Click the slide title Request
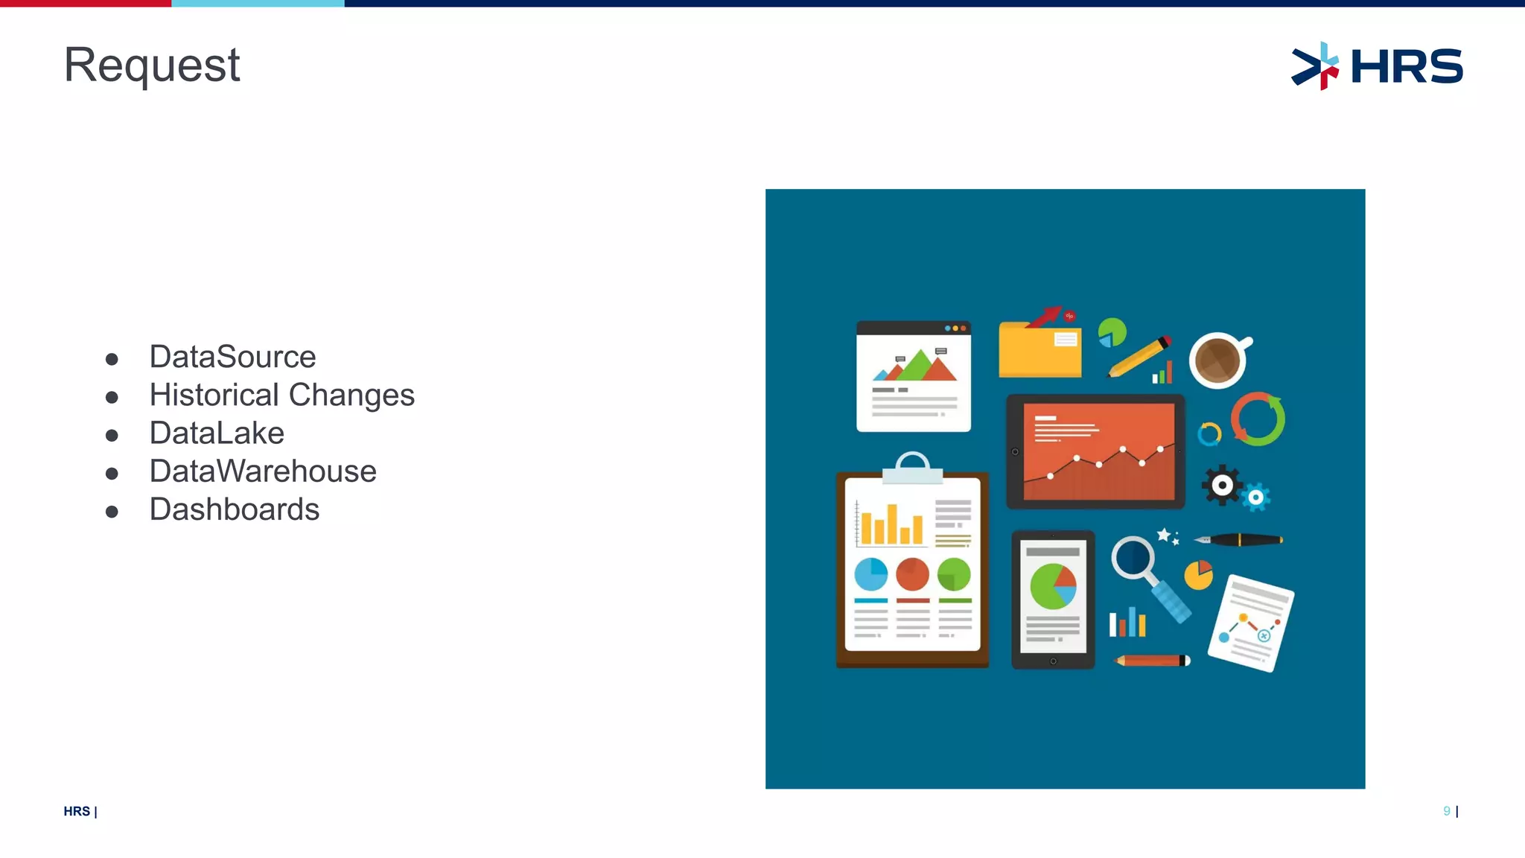152,66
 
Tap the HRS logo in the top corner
1377,66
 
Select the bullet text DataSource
232,357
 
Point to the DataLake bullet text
217,433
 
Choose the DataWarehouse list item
263,471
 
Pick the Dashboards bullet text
235,509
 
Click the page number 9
1446,811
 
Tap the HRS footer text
77,811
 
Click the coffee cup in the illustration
1217,360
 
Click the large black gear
1222,486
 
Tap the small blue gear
1255,498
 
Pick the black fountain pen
1239,539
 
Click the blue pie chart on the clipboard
870,574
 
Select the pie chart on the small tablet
1053,586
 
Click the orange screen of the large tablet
1098,451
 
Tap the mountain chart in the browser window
917,366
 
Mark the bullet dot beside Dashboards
112,512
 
